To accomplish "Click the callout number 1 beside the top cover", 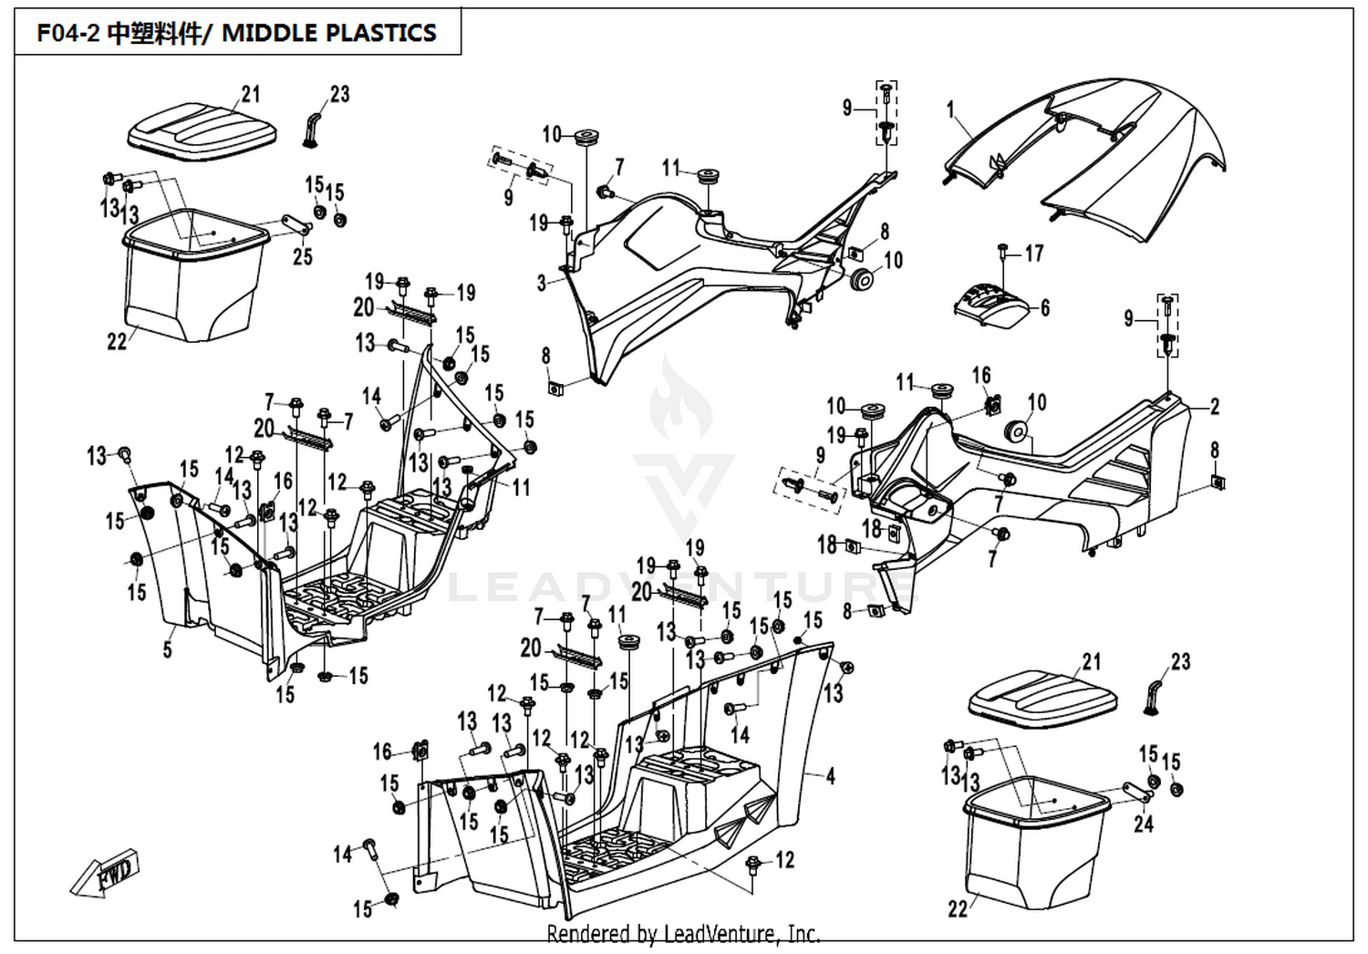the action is point(950,110).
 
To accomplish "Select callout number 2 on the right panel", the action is point(1215,406).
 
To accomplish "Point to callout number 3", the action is point(541,283).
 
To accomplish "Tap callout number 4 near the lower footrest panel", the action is point(831,776).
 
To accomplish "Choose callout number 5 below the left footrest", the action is point(168,649).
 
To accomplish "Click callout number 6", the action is point(1045,308).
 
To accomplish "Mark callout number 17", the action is point(1034,253).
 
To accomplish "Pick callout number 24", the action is point(1144,824).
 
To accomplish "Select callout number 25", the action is point(302,256).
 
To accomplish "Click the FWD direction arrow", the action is point(105,873).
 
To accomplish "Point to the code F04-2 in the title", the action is point(67,32).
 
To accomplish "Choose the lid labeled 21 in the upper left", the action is point(202,127).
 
